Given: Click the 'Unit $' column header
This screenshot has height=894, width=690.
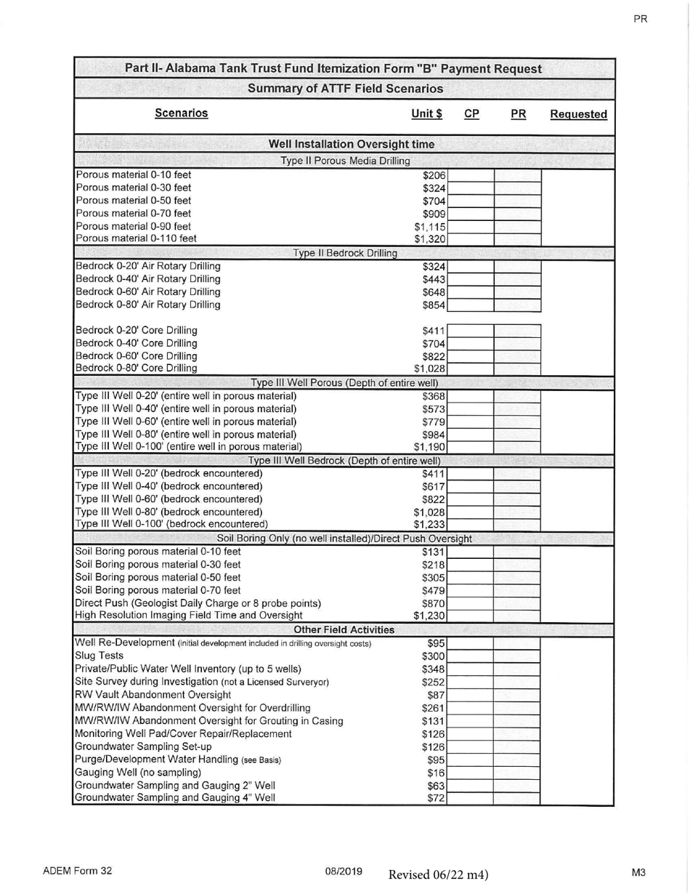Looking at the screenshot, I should coord(426,114).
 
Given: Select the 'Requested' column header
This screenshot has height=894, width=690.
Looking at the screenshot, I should coord(578,114).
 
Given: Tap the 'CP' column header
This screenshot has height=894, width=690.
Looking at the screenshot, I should coord(471,114).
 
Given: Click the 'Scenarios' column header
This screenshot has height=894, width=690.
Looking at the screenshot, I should coord(181,113).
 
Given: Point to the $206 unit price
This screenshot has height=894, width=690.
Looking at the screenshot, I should coord(434,175).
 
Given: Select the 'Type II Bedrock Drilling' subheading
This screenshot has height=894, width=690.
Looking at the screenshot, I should coord(345,253).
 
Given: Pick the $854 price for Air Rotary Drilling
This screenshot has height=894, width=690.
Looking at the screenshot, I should coord(434,305).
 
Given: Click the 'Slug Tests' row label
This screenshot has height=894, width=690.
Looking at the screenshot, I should coord(99,656).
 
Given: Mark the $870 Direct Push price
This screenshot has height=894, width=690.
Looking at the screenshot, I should coord(434,603).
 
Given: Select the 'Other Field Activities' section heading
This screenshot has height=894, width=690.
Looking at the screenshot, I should coord(344,629).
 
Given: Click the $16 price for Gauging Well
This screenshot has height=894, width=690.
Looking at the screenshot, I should coord(437,773).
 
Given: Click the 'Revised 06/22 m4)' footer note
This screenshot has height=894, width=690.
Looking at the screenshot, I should coord(438,874).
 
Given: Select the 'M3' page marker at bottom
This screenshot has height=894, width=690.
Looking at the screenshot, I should coord(638,871).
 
